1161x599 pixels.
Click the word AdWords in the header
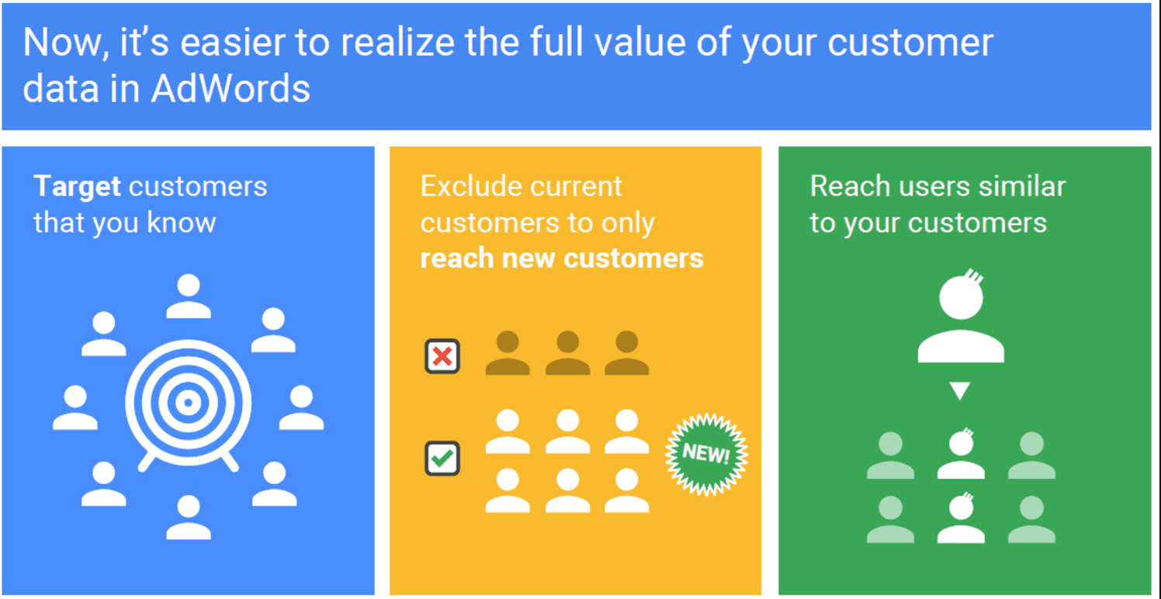tap(230, 88)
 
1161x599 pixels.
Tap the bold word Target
tap(78, 187)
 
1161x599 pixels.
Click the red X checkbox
tap(442, 356)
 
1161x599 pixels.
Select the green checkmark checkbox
tap(442, 459)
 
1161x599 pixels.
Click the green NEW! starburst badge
tap(706, 455)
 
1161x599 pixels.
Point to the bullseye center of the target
tap(188, 403)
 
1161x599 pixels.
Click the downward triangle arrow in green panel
tap(960, 391)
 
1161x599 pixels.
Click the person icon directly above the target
tap(189, 296)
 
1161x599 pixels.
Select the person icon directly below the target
tap(189, 517)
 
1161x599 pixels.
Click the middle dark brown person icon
tap(567, 353)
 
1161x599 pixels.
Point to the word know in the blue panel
tap(181, 222)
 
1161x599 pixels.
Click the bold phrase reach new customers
tap(562, 258)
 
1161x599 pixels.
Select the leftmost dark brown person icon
tap(508, 353)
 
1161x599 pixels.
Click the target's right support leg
tap(230, 461)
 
